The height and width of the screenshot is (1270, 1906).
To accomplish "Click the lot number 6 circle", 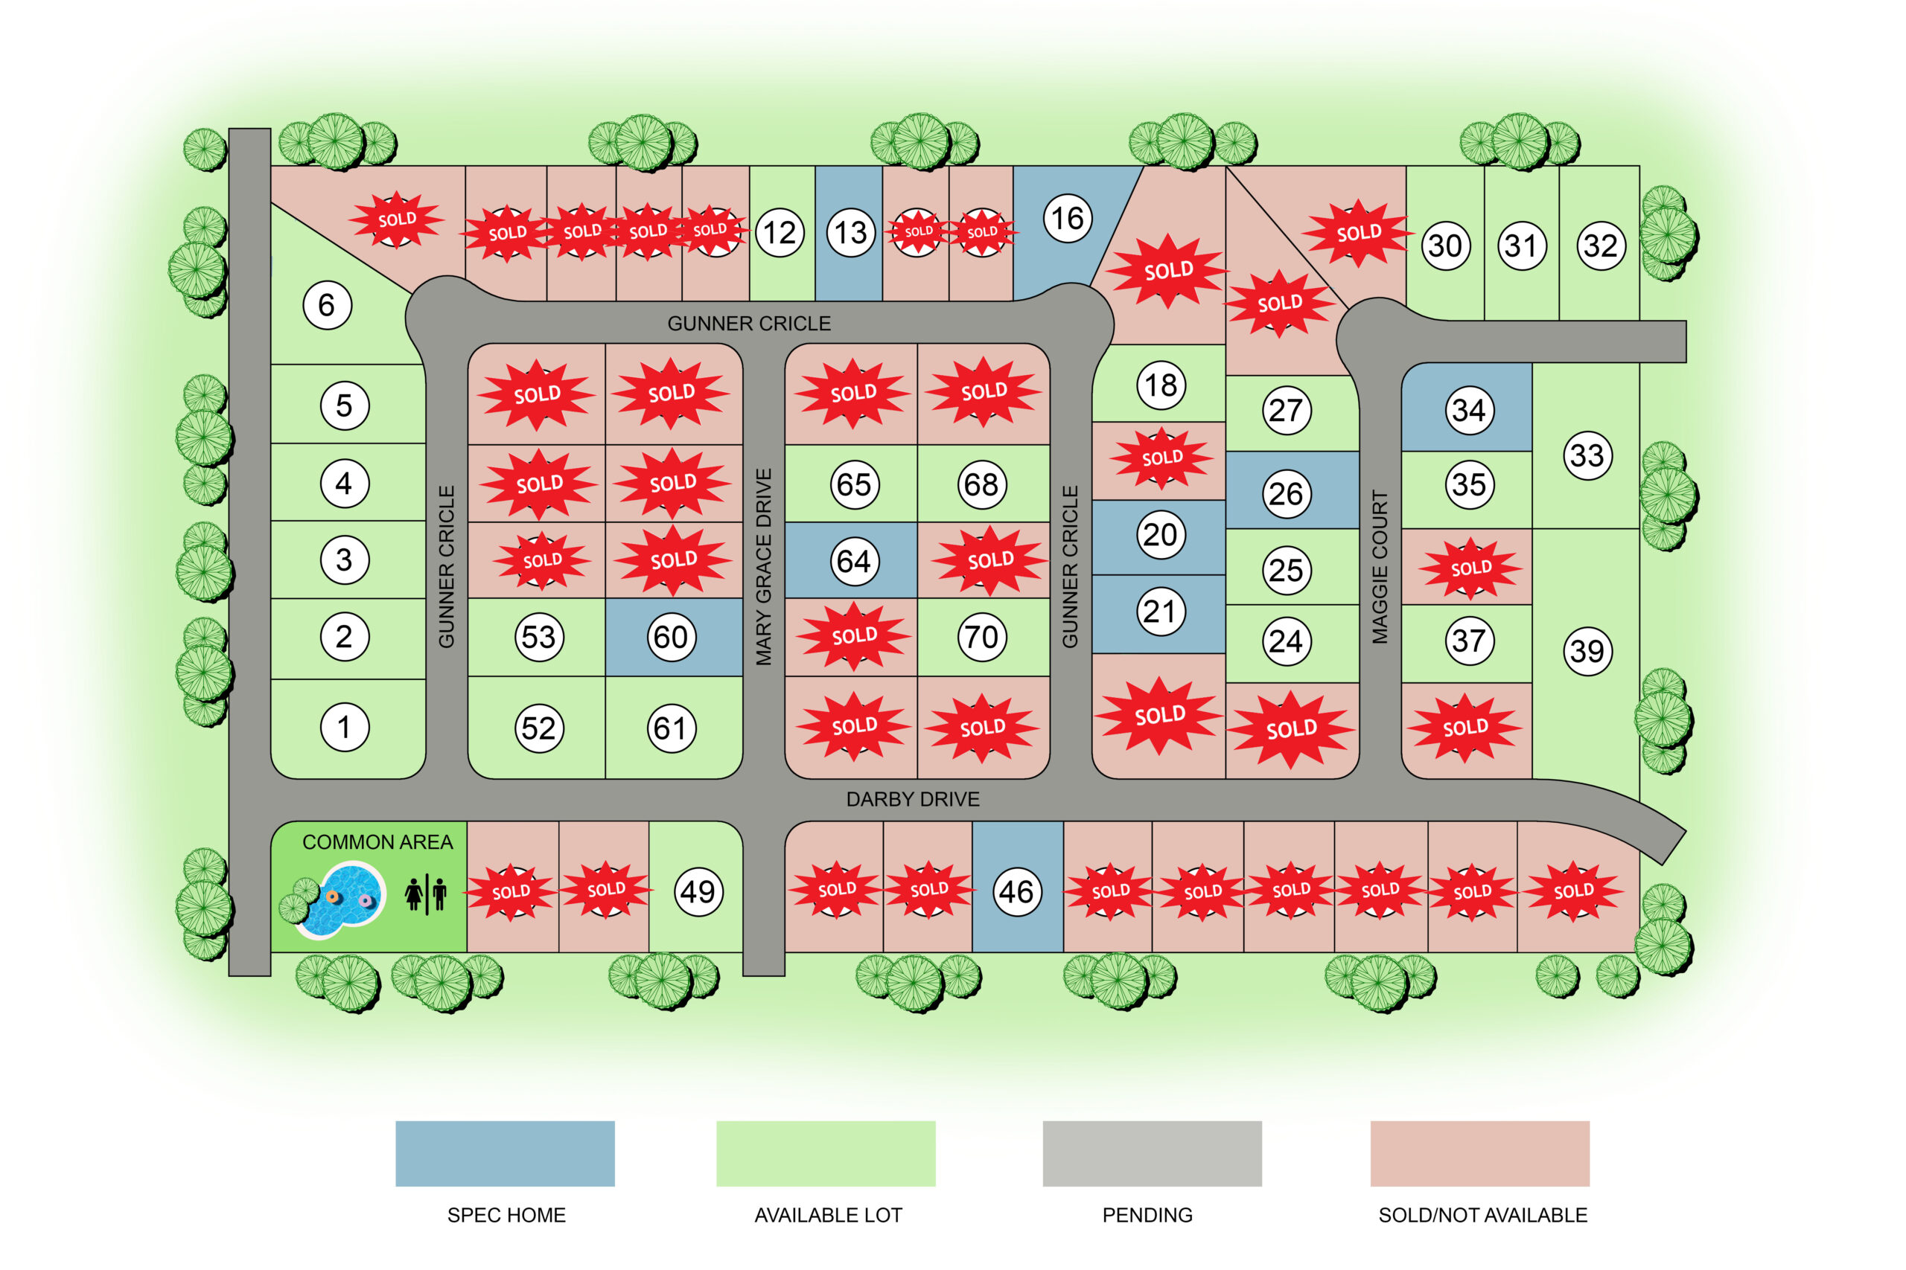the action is click(x=327, y=305).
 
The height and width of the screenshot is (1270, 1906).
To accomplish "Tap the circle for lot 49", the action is click(x=698, y=892).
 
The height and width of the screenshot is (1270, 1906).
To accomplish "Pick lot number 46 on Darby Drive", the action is click(x=1017, y=892).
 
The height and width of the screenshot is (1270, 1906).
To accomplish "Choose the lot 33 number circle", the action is click(x=1587, y=455).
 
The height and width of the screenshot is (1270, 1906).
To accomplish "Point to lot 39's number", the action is click(x=1587, y=651).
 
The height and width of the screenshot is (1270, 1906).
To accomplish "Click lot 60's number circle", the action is click(x=671, y=638).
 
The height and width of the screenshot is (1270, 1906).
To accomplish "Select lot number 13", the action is click(x=851, y=234).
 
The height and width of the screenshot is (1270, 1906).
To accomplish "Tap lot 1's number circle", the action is click(x=345, y=728).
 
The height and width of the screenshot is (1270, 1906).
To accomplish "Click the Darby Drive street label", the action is click(x=913, y=799).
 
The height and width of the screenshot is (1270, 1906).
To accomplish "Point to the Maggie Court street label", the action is click(x=1380, y=567).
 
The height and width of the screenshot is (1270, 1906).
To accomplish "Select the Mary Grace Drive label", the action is click(x=763, y=567).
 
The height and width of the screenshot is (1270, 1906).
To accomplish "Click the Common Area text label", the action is click(x=377, y=842).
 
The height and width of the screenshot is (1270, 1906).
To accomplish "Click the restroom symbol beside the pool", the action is click(x=427, y=894).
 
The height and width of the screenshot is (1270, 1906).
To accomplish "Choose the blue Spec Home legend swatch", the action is click(x=505, y=1153).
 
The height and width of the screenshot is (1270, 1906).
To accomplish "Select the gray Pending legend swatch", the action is click(x=1152, y=1153).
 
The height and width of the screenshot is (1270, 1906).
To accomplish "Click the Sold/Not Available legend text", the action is click(x=1482, y=1215).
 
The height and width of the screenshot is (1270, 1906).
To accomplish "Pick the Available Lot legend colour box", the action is click(x=826, y=1153).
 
